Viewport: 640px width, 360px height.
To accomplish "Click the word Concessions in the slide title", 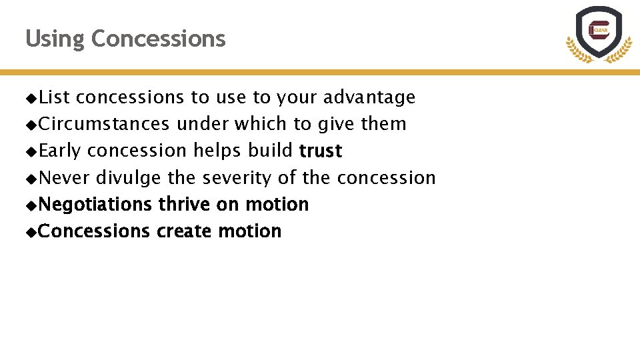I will [158, 39].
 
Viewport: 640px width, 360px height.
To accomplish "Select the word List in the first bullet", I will [54, 97].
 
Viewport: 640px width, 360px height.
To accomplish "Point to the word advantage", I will [369, 97].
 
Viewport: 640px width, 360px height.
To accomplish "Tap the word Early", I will [59, 151].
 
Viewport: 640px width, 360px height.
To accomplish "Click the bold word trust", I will [321, 151].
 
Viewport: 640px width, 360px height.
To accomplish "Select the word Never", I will [64, 178].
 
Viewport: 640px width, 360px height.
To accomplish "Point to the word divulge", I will [128, 178].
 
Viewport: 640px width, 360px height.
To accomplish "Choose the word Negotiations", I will [95, 205].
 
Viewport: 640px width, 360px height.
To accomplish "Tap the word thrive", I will [184, 205].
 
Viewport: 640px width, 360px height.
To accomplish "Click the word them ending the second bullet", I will [383, 124].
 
